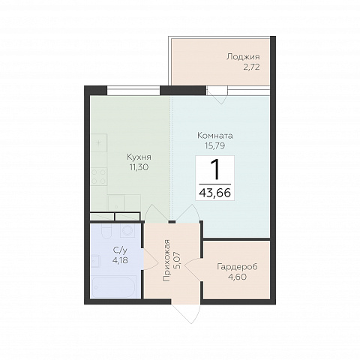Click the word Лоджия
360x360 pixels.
pyautogui.click(x=243, y=57)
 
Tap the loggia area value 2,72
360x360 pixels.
pyautogui.click(x=251, y=67)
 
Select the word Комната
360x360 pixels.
pyautogui.click(x=215, y=136)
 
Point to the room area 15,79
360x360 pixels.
pyautogui.click(x=215, y=145)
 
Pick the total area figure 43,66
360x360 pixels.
pyautogui.click(x=214, y=193)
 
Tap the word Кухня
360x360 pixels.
pyautogui.click(x=139, y=157)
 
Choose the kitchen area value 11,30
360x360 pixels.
pyautogui.click(x=139, y=167)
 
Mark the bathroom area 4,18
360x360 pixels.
pyautogui.click(x=120, y=260)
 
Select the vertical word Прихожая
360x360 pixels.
pyautogui.click(x=166, y=260)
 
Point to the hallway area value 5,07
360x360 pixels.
pyautogui.click(x=178, y=260)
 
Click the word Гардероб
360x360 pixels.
pyautogui.click(x=237, y=267)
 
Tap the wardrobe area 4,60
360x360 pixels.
pyautogui.click(x=237, y=277)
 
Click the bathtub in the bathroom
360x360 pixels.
pyautogui.click(x=114, y=286)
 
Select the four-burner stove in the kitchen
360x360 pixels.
pyautogui.click(x=99, y=176)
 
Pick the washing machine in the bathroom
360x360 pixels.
pyautogui.click(x=127, y=230)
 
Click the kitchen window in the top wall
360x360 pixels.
pyautogui.click(x=133, y=90)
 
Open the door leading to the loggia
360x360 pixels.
pyautogui.click(x=217, y=94)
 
